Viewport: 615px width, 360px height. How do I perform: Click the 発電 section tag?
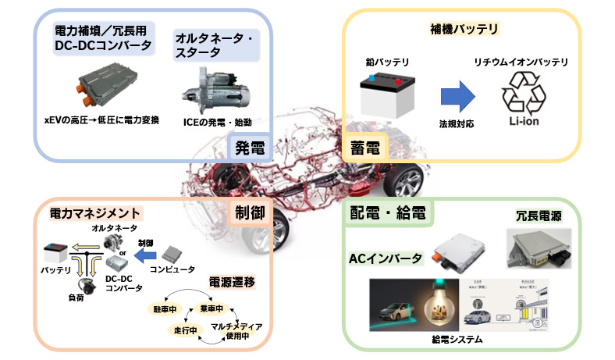(x=251, y=147)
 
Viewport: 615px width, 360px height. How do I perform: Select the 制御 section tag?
(x=251, y=212)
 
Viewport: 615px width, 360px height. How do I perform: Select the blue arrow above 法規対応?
(x=457, y=97)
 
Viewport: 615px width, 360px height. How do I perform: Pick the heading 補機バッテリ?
(x=464, y=30)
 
